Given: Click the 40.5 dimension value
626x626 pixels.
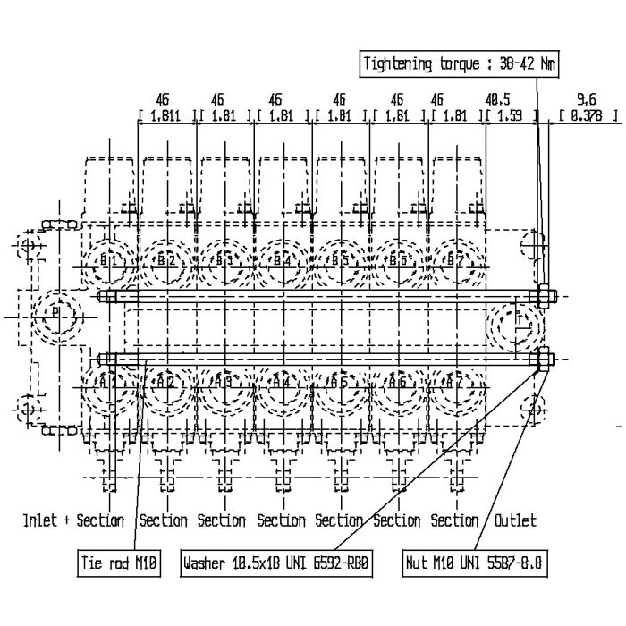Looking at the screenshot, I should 498,99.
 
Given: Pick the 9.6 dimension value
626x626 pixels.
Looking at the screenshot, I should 587,99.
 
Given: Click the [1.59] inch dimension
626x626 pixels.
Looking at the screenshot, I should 511,115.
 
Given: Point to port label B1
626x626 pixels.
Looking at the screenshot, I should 109,260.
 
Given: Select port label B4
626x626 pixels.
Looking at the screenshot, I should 283,260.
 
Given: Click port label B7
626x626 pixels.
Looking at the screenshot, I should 456,260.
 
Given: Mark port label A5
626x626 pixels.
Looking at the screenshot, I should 339,382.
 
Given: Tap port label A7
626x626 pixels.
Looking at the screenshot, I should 456,382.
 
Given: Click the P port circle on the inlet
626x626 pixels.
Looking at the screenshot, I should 55,315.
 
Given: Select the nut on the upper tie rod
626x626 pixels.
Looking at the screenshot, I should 545,296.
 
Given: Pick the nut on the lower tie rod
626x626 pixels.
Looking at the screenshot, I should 543,360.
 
